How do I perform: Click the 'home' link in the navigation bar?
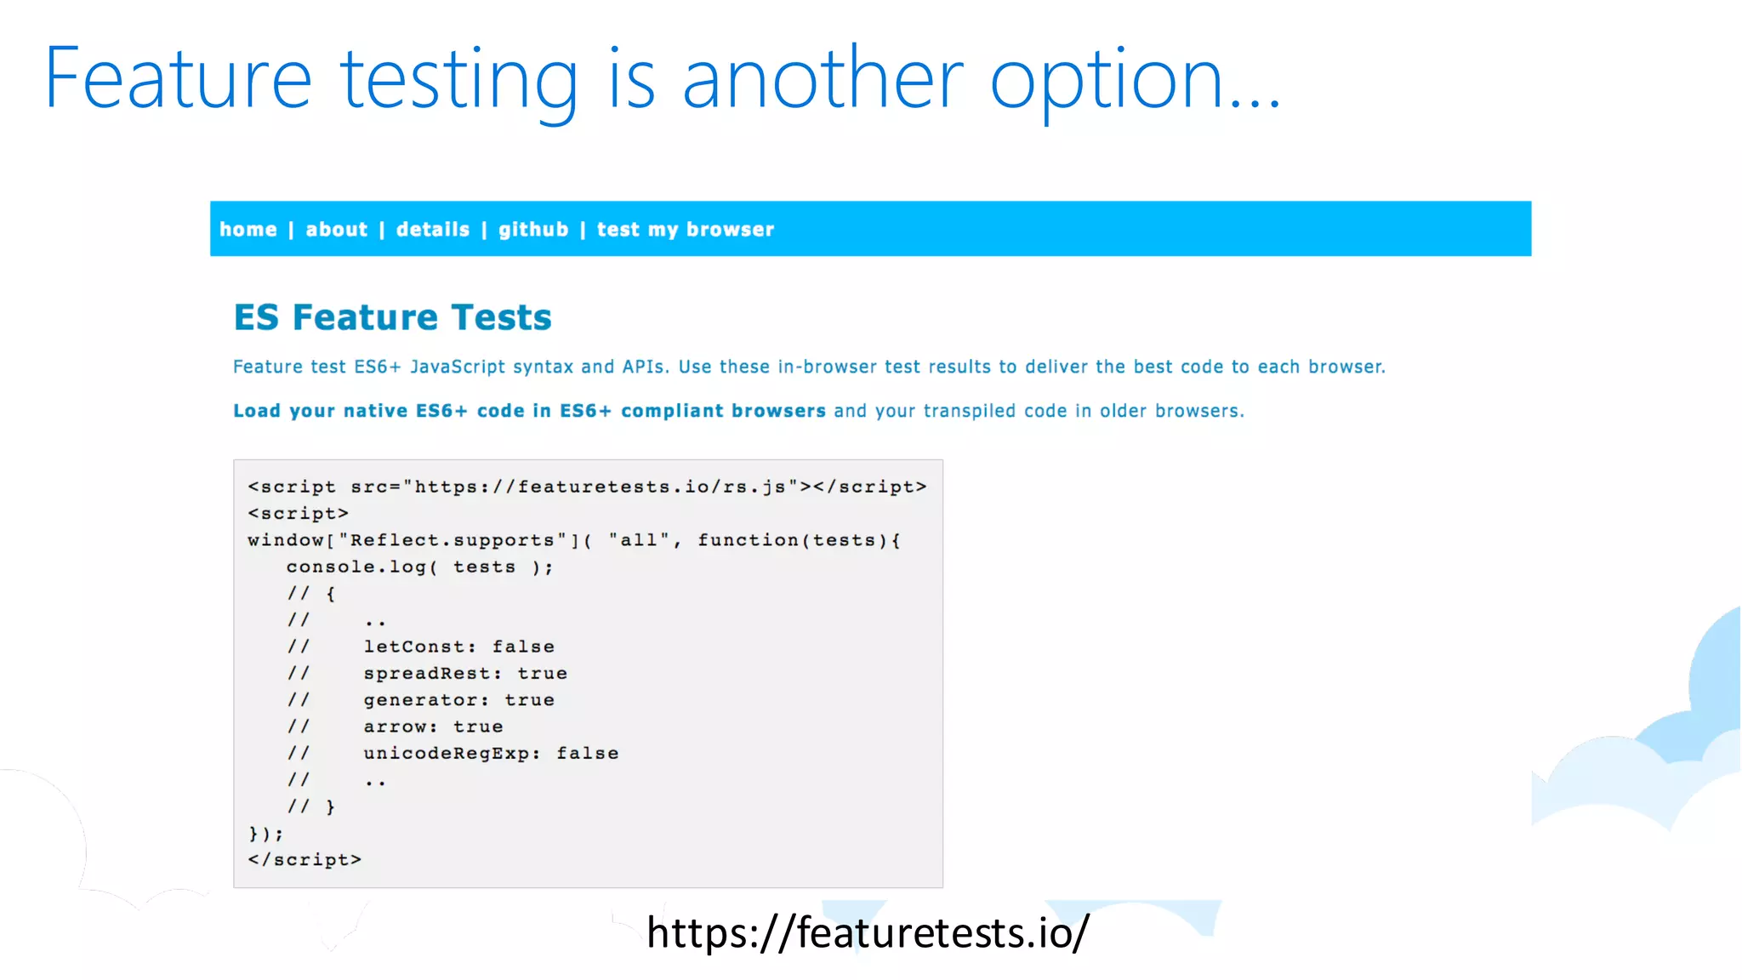[x=248, y=230]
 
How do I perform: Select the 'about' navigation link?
[x=337, y=230]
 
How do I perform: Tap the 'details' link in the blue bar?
[x=433, y=230]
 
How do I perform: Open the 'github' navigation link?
[x=533, y=230]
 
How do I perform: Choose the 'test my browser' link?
[x=686, y=230]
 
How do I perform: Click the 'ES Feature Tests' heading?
[x=393, y=317]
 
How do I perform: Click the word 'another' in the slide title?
[x=823, y=79]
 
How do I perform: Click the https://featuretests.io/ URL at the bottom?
[x=868, y=932]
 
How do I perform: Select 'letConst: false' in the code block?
[x=458, y=647]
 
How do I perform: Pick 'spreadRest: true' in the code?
[x=465, y=673]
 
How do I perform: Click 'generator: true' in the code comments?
[x=458, y=700]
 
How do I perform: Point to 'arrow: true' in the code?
[x=433, y=726]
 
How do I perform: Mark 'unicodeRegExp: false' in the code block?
[x=491, y=754]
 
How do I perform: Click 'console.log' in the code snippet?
[x=356, y=567]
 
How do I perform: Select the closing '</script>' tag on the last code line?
[x=305, y=860]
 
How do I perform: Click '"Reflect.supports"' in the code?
[x=453, y=540]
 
